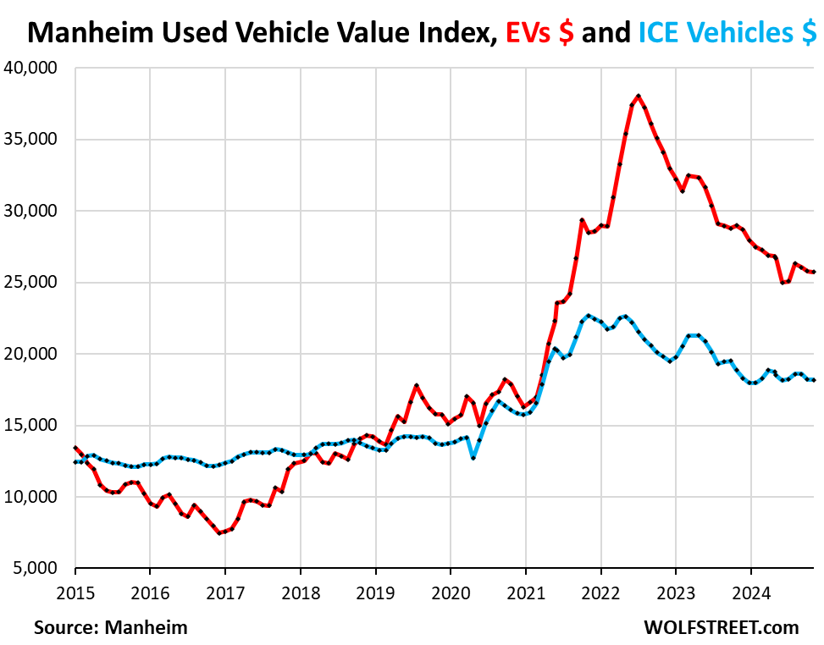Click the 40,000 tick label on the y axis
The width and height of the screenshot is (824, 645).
pos(35,68)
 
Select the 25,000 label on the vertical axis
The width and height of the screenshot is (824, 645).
pos(35,282)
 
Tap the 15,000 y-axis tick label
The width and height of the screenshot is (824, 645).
pos(35,425)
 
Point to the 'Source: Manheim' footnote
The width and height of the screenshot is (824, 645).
pos(111,627)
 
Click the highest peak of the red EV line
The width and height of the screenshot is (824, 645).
pos(638,96)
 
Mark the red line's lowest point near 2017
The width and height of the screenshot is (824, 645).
pos(219,533)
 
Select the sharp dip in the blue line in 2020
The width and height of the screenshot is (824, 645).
pos(473,458)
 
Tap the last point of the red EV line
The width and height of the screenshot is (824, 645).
pos(814,272)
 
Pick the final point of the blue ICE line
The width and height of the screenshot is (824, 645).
pos(814,380)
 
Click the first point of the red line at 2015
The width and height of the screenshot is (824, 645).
pos(75,448)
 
